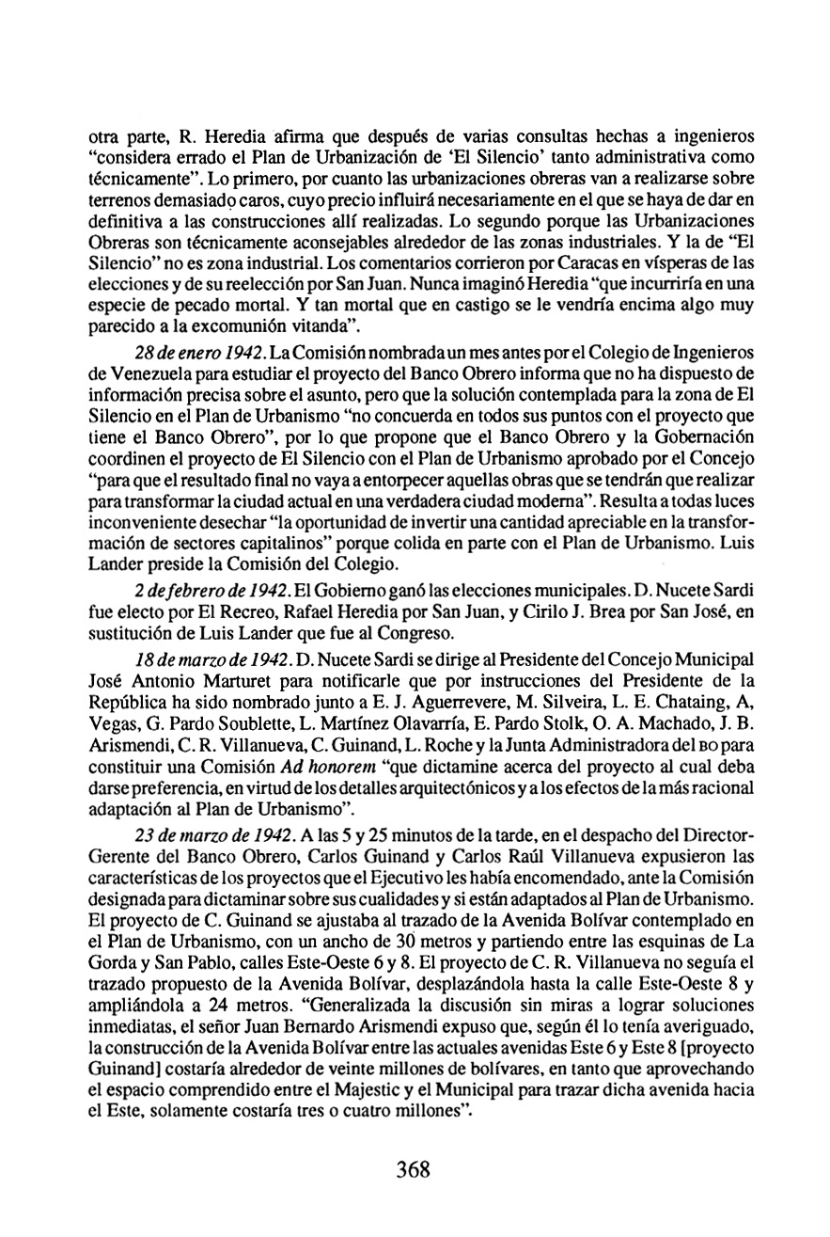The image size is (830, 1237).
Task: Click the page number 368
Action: tap(413, 1169)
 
